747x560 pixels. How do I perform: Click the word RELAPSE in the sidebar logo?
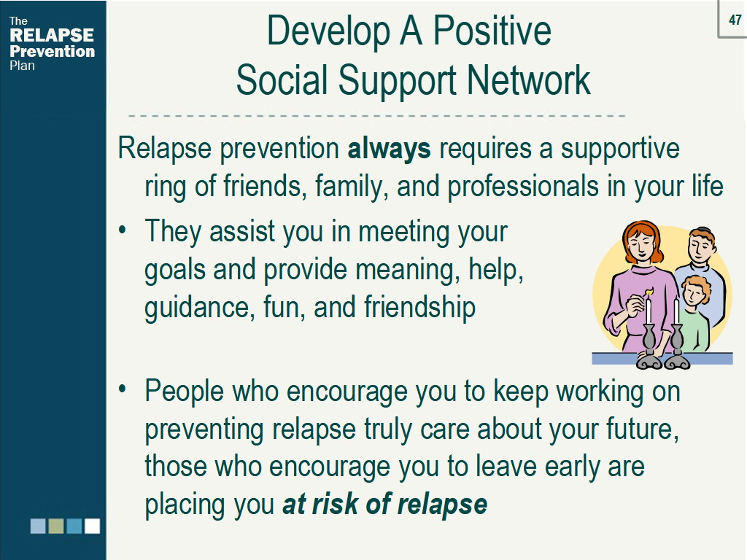[52, 35]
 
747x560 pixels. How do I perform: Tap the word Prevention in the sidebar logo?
[52, 51]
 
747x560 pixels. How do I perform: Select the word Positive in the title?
[492, 31]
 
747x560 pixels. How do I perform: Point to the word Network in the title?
[529, 80]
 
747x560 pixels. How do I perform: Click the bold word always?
[390, 149]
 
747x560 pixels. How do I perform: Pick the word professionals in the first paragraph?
[522, 186]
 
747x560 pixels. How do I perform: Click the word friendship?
[419, 306]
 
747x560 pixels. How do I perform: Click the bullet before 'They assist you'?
[123, 230]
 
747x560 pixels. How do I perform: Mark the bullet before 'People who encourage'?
[123, 389]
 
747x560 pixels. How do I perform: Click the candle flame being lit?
[648, 292]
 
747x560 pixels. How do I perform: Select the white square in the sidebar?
[93, 526]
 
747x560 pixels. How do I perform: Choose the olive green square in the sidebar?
[56, 526]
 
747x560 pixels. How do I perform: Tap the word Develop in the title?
[328, 32]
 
